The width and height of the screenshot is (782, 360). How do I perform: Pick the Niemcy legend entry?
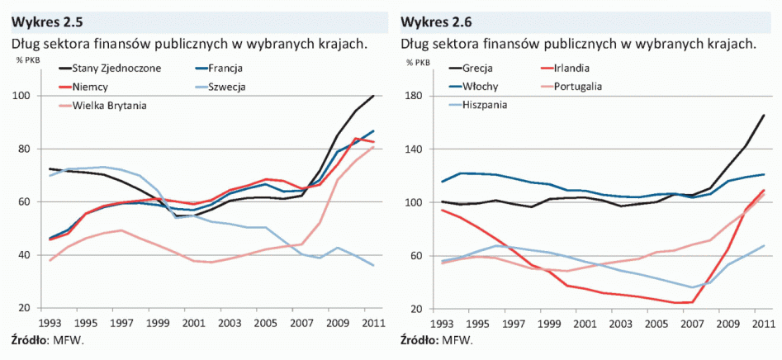90,86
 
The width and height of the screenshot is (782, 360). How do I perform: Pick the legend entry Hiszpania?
486,105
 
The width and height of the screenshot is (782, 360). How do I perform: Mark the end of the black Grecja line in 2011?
764,115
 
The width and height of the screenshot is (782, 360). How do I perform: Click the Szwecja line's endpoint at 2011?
374,266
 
